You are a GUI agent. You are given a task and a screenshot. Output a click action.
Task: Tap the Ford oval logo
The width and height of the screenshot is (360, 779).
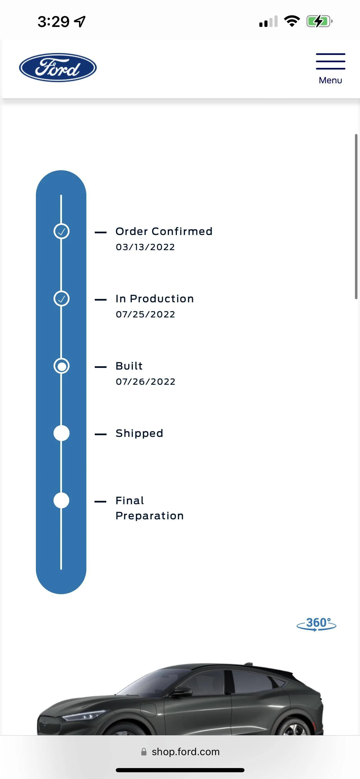pyautogui.click(x=58, y=67)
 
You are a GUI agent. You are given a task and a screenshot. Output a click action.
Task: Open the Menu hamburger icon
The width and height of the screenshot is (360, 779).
pyautogui.click(x=330, y=61)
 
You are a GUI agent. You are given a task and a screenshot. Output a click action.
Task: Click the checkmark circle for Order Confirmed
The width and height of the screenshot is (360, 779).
pyautogui.click(x=61, y=231)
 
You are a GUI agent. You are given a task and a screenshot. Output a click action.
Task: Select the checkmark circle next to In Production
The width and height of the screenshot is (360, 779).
pyautogui.click(x=61, y=298)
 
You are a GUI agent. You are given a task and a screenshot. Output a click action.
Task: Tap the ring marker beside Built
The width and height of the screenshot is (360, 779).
pyautogui.click(x=61, y=366)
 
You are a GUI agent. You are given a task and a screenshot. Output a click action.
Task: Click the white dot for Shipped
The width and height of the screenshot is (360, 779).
pyautogui.click(x=61, y=433)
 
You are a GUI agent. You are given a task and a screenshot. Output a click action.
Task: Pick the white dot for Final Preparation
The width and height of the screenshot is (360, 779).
pyautogui.click(x=61, y=501)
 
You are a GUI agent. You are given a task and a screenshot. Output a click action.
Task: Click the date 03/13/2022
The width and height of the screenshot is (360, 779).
pyautogui.click(x=145, y=247)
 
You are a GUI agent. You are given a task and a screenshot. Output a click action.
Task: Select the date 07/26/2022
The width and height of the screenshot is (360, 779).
pyautogui.click(x=146, y=382)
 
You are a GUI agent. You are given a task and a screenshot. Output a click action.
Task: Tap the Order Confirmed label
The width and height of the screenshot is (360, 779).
pyautogui.click(x=164, y=231)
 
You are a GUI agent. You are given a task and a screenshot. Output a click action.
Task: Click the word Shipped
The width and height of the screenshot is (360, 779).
pyautogui.click(x=139, y=433)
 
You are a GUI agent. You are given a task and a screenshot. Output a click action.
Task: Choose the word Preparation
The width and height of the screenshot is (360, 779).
pyautogui.click(x=150, y=516)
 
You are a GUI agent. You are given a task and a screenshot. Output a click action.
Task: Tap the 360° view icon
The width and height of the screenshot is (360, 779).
pyautogui.click(x=317, y=624)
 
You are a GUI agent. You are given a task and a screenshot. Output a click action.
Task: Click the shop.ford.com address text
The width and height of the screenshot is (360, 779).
pyautogui.click(x=186, y=752)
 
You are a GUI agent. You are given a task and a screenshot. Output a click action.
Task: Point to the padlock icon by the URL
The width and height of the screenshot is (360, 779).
pyautogui.click(x=144, y=752)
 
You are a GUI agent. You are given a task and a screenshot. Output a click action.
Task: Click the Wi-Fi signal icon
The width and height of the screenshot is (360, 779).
pyautogui.click(x=292, y=21)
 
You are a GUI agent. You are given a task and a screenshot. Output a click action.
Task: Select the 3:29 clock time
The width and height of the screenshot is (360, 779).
pyautogui.click(x=54, y=22)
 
